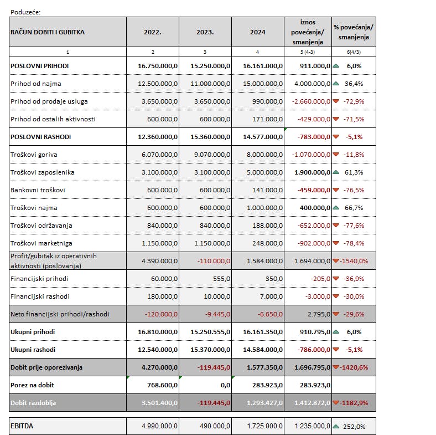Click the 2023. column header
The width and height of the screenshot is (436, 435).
point(205,32)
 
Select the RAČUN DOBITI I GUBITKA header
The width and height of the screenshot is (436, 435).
point(48,32)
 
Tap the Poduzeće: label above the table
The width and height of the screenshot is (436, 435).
point(26,11)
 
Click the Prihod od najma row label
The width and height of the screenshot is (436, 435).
point(36,84)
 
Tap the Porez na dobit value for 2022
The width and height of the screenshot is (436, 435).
point(160,385)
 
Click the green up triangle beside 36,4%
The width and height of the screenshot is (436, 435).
point(336,84)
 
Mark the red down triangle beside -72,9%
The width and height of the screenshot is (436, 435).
point(336,101)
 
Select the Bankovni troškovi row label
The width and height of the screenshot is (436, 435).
point(38,190)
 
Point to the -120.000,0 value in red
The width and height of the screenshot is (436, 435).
point(160,314)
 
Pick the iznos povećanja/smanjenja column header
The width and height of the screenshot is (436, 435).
point(308,32)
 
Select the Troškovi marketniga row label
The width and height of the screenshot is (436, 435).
point(41,243)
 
